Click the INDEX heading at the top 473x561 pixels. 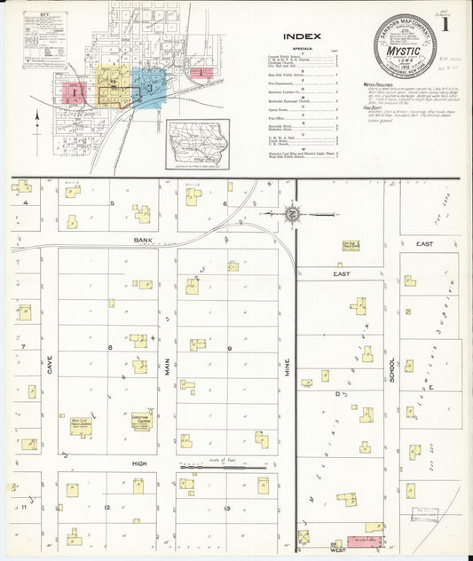click(303, 36)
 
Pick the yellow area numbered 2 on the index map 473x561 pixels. click(113, 83)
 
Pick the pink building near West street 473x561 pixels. click(363, 539)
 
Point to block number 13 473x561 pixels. click(228, 508)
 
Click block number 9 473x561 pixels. click(228, 349)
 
